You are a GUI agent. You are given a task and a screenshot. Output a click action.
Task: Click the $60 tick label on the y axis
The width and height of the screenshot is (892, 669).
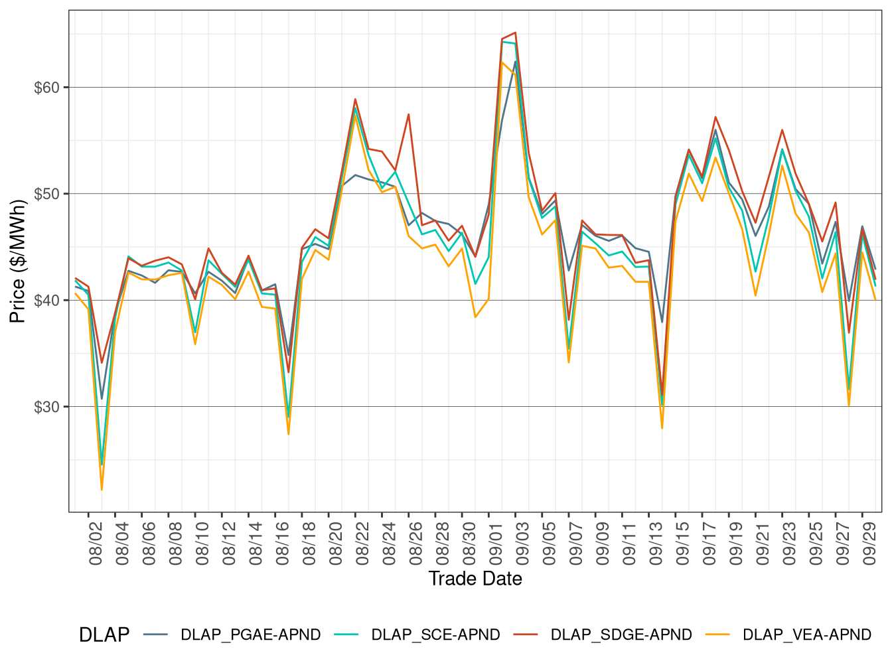tap(46, 88)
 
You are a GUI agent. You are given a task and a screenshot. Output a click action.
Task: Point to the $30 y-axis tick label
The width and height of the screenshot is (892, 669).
tap(46, 407)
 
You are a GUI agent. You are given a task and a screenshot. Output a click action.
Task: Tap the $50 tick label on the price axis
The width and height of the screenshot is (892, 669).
tap(46, 194)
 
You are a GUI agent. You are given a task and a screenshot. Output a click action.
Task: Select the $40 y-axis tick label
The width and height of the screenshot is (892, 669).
tap(46, 301)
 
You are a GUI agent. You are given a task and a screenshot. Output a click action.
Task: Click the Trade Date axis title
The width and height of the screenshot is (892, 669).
tap(475, 579)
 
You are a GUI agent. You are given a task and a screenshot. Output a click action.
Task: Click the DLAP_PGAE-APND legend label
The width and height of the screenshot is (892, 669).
tap(250, 635)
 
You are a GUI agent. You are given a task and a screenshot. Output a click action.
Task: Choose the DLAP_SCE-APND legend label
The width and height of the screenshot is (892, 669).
tap(435, 635)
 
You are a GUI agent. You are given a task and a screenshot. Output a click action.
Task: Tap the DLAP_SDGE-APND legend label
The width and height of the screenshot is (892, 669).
tap(621, 635)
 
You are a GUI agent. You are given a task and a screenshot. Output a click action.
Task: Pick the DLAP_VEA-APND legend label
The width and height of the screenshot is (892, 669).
tap(806, 635)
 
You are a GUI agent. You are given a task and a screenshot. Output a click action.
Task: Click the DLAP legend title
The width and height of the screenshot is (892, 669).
tap(104, 635)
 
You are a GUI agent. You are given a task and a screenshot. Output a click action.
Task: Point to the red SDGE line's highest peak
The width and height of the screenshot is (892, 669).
tap(515, 33)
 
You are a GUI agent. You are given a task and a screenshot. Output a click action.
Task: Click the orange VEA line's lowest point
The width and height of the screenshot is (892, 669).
tap(102, 490)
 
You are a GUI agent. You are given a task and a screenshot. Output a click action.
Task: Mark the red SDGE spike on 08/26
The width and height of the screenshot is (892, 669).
tap(409, 114)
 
